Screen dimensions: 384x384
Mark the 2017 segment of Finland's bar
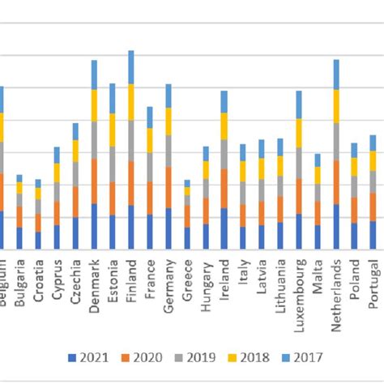(130, 67)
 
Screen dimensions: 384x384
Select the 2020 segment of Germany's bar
(169, 187)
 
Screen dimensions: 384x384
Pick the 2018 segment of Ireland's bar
(224, 126)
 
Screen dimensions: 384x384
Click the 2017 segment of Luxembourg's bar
(299, 105)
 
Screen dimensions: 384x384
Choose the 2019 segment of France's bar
(150, 167)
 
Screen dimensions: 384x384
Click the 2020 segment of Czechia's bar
(75, 202)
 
